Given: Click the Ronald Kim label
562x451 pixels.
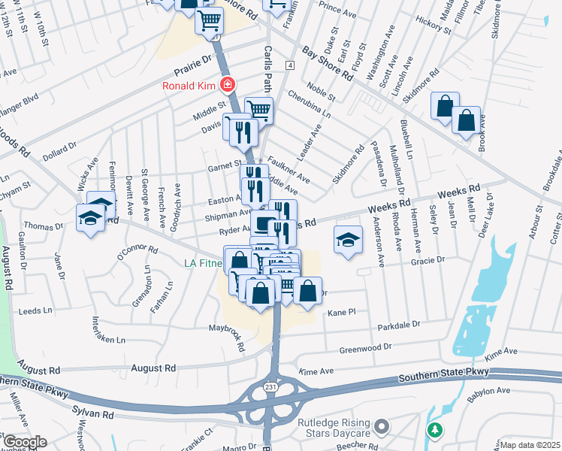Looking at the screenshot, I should coord(189,85).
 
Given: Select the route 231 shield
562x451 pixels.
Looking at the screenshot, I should coord(270,386).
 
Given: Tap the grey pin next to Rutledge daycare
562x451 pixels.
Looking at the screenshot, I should coord(382,428).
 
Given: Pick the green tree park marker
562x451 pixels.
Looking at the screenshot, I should coord(434,430).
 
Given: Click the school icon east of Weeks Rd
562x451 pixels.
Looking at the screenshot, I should coord(346,240).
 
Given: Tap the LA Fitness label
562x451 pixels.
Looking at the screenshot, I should coord(203,263).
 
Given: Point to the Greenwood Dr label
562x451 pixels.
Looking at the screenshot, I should coord(366,348).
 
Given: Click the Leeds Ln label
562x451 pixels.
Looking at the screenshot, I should coord(35,310).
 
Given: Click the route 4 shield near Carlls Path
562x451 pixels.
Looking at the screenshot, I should coord(289,65).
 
